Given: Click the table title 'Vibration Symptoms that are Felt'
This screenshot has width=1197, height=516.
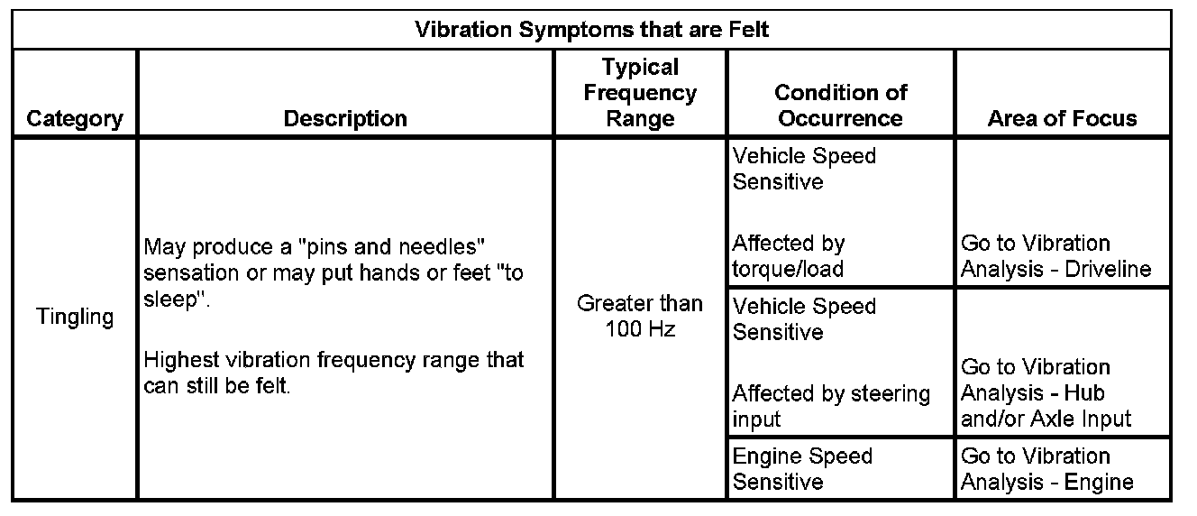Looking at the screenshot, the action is tap(591, 30).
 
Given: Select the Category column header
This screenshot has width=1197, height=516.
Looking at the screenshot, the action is tap(75, 119).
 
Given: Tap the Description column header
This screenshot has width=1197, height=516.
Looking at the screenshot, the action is tap(345, 118).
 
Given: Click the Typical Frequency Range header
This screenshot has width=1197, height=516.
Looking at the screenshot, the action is tap(640, 93).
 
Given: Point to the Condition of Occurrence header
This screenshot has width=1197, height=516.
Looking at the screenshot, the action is tap(841, 106).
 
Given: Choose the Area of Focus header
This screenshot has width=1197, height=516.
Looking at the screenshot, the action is tap(1063, 118).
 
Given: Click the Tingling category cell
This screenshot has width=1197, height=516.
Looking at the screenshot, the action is tap(75, 317).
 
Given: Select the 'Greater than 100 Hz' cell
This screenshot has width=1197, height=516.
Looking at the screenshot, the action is tap(640, 316).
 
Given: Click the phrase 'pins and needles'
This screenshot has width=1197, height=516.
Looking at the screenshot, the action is tap(392, 247).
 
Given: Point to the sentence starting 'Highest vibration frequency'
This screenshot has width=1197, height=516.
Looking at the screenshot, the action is tap(334, 373).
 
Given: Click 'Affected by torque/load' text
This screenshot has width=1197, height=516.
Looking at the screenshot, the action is tap(789, 256).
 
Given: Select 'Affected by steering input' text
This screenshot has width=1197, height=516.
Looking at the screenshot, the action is tap(831, 406).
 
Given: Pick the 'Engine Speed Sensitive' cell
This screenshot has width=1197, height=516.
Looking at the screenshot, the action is tap(802, 469).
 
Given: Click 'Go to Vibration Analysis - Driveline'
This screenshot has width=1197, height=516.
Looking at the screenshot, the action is tap(1055, 256).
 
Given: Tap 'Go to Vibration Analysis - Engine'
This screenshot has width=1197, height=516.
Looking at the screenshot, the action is tap(1047, 469).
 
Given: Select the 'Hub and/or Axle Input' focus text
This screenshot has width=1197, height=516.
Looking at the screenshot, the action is tap(1046, 406).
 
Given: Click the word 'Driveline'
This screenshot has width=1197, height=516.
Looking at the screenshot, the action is tap(1108, 270).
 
